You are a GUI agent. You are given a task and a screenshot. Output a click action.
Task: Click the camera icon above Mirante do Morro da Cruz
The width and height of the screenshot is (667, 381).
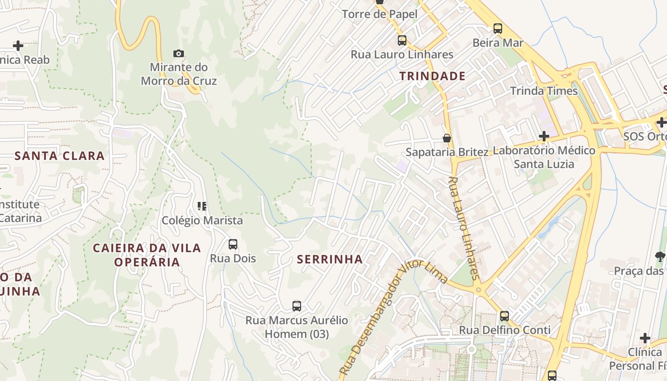point(179,53)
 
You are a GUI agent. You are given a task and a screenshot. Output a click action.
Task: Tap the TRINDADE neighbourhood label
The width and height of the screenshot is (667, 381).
point(432,76)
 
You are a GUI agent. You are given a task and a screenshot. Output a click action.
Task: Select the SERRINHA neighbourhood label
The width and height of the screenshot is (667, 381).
point(330,260)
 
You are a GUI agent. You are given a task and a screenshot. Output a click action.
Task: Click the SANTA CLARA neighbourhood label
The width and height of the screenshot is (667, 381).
point(60,156)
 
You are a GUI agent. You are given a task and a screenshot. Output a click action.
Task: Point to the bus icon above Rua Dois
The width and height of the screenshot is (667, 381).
point(233,244)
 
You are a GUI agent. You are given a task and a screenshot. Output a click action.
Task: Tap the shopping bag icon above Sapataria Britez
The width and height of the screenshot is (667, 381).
point(447,138)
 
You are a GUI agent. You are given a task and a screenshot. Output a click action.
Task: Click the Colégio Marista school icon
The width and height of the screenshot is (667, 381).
point(202,206)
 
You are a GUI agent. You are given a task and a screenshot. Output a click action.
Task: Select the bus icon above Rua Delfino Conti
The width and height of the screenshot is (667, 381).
point(504,316)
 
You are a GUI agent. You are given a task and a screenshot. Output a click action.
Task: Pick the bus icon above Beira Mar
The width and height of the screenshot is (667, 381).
point(498,29)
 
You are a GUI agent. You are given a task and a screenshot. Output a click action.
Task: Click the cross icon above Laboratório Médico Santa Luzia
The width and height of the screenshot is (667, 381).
point(544,137)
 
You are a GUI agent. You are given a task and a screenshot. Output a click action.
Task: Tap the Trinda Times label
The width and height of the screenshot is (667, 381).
point(544,91)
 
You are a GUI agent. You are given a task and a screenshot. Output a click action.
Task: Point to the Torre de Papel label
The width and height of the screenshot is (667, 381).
point(379,14)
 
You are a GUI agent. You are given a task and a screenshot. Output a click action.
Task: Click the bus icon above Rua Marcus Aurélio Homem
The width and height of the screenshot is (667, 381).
point(297,306)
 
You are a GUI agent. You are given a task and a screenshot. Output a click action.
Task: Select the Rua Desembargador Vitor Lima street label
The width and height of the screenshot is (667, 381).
point(393,317)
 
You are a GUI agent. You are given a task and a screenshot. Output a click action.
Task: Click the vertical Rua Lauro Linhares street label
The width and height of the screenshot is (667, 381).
point(464,229)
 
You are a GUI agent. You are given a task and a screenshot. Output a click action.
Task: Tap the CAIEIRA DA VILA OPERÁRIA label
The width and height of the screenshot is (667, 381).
point(147,255)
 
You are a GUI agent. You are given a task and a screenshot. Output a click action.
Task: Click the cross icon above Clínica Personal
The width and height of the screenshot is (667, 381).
point(645,338)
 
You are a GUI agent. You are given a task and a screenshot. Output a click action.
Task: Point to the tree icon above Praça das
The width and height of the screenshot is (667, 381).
point(660,257)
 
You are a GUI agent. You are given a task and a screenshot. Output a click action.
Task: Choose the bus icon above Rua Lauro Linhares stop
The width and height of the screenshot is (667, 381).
point(402,40)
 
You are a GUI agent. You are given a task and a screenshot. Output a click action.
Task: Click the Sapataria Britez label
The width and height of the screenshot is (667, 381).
point(447,152)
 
